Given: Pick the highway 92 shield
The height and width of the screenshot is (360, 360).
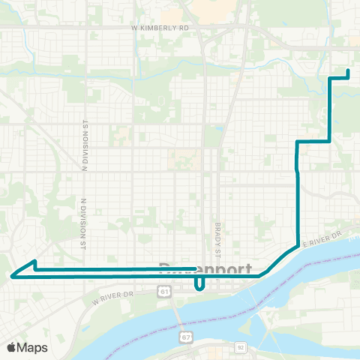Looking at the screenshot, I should (240, 347).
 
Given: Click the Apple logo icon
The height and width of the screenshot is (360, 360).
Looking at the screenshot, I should (12, 347).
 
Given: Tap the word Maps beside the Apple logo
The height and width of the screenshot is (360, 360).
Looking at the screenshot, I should (33, 347).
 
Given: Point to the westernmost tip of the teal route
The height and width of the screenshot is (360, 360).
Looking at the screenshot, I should (11, 275).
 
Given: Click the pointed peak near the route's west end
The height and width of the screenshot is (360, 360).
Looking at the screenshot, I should (34, 262).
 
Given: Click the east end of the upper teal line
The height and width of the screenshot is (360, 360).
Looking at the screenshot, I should (195, 268).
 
